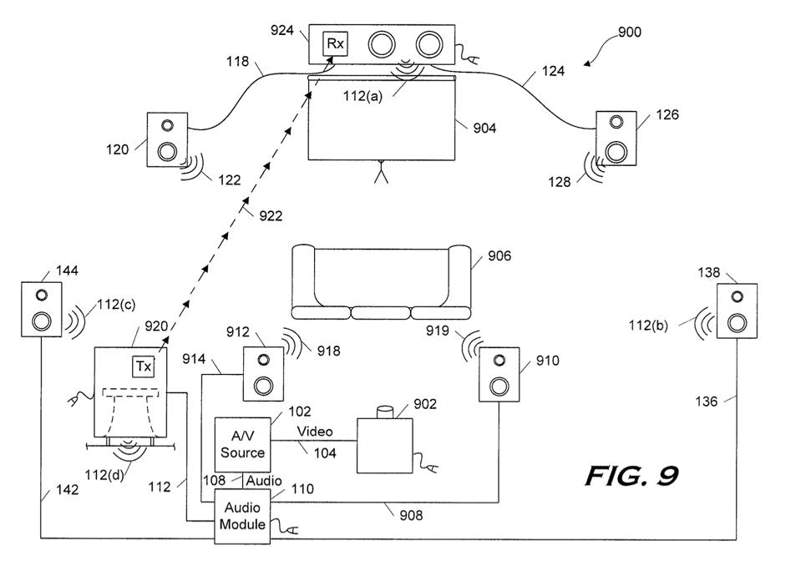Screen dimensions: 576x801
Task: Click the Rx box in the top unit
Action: [335, 43]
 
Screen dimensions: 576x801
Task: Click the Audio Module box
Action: [242, 517]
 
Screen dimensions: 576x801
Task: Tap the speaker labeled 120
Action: [166, 139]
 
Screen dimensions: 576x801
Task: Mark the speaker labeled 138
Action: [738, 311]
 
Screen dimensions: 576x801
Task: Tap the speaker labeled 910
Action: [499, 373]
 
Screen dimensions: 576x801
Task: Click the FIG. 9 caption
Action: [631, 476]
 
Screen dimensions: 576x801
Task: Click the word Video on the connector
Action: [316, 432]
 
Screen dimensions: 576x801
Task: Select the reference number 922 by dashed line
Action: [270, 216]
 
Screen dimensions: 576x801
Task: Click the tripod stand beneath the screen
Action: [383, 174]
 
